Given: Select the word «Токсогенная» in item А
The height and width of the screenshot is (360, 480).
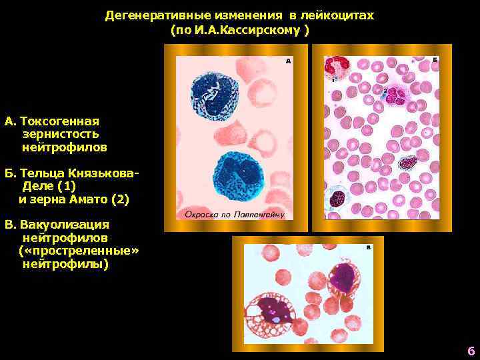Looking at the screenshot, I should point(60,121).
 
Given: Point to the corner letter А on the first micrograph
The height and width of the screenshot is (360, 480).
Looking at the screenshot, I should point(288,61).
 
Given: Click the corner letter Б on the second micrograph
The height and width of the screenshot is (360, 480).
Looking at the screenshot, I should point(435,60).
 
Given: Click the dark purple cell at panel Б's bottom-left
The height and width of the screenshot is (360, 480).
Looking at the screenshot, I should point(339,198).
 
